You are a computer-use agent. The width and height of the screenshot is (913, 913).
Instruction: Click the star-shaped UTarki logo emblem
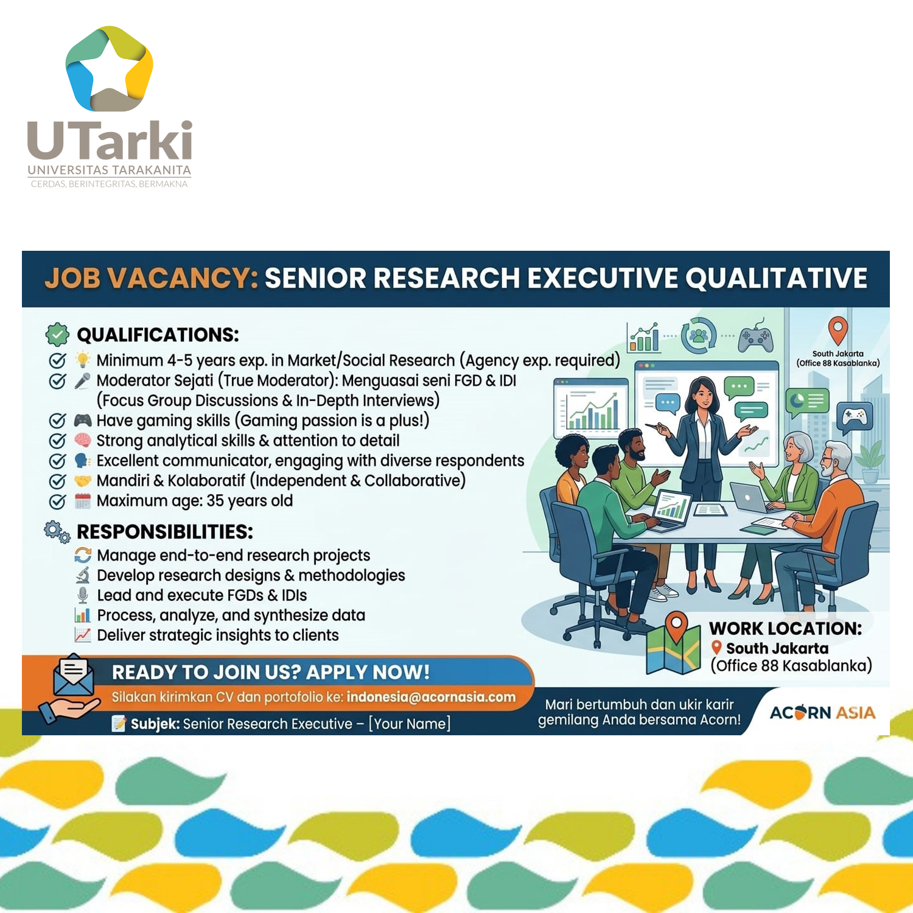[110, 69]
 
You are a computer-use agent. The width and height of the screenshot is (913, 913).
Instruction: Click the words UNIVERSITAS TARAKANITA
[110, 170]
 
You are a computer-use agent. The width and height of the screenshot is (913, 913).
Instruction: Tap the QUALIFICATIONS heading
[158, 335]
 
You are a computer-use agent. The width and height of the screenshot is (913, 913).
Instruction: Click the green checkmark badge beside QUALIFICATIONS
[57, 334]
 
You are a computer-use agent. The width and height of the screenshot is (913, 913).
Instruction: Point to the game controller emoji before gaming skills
[83, 421]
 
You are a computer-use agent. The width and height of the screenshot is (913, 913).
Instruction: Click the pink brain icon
[83, 441]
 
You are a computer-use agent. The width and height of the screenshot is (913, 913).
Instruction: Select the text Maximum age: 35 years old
[195, 501]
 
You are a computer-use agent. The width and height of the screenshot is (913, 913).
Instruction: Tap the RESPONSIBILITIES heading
[165, 532]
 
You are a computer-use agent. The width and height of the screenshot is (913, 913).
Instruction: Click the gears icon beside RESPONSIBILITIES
[57, 532]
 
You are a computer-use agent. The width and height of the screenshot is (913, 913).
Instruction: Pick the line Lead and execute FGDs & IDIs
[202, 595]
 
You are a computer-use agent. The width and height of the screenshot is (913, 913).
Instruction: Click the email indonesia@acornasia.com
[431, 698]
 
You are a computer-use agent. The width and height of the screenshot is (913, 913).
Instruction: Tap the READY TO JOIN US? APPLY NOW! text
[271, 672]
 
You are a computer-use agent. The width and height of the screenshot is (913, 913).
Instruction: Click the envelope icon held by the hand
[73, 674]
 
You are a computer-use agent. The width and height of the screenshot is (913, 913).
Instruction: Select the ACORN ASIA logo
[822, 712]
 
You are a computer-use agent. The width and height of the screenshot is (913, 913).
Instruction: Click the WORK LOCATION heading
[786, 628]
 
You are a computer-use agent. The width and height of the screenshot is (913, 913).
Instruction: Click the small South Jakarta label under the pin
[838, 359]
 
